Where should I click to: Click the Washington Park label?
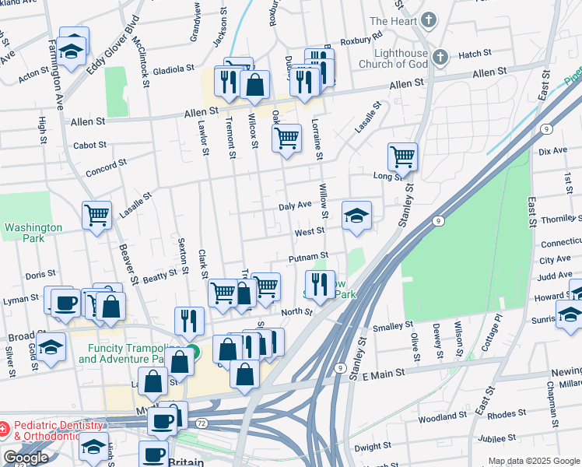pos(33,233)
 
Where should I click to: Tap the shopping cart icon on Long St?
pos(402,156)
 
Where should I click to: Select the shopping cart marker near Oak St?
pos(286,138)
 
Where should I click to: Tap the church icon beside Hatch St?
pos(440,56)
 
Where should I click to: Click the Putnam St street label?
pos(309,256)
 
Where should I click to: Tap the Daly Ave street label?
pos(296,205)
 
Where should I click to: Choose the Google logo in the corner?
pos(26,458)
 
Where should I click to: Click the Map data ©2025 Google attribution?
pos(533,461)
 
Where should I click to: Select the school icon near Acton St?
pos(72,49)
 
